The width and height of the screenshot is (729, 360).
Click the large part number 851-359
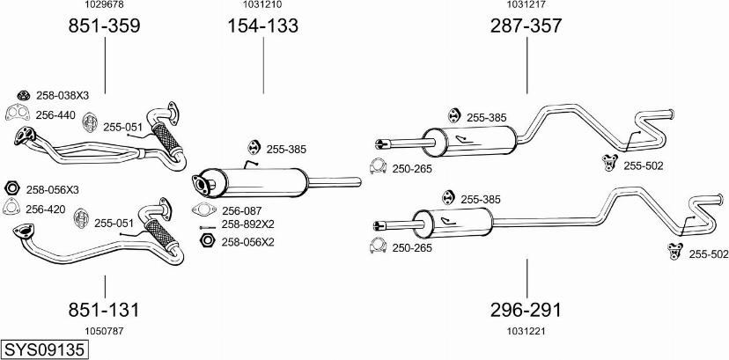pos(105,26)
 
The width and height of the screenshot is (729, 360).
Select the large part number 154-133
pos(263,26)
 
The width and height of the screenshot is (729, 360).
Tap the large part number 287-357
pos(526,26)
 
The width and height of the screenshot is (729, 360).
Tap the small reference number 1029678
pos(104,5)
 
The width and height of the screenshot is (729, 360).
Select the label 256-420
pos(46,209)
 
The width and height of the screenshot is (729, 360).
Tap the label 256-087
pos(242,210)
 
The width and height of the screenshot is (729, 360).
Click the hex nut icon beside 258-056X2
pos(207,241)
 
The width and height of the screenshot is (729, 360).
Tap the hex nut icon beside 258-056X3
pos(12,188)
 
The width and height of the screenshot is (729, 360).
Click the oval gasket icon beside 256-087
pos(202,210)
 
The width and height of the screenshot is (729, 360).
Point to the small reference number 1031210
pos(263,5)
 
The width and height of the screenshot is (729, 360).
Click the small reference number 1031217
pos(526,5)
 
